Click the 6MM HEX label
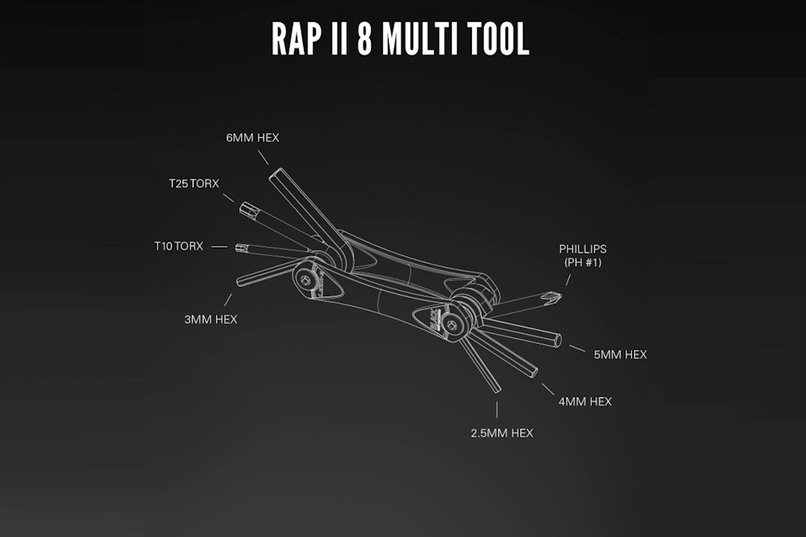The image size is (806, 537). pyautogui.click(x=252, y=138)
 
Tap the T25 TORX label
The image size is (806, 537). pyautogui.click(x=193, y=182)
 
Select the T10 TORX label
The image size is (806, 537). pyautogui.click(x=178, y=247)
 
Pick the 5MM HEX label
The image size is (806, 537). pyautogui.click(x=620, y=355)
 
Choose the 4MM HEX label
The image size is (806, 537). pyautogui.click(x=584, y=401)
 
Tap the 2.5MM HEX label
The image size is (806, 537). pyautogui.click(x=502, y=433)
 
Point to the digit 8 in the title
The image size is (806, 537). pyautogui.click(x=364, y=39)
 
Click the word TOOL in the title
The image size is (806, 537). pyautogui.click(x=502, y=39)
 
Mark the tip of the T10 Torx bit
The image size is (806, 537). pyautogui.click(x=241, y=247)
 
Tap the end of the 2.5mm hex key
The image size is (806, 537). pyautogui.click(x=495, y=388)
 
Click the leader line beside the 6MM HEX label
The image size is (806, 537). pyautogui.click(x=262, y=156)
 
